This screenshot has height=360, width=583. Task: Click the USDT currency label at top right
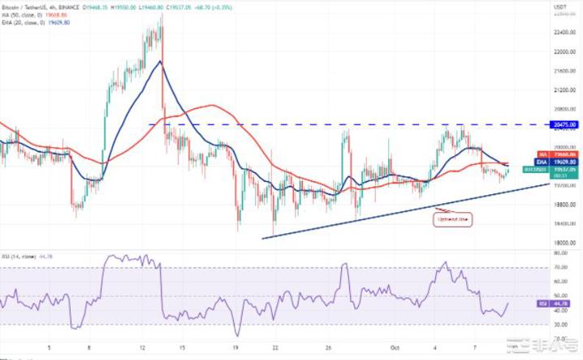pyautogui.click(x=560, y=7)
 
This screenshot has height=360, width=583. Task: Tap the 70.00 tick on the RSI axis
pyautogui.click(x=560, y=267)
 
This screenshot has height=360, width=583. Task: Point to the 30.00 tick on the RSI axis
pyautogui.click(x=560, y=324)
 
